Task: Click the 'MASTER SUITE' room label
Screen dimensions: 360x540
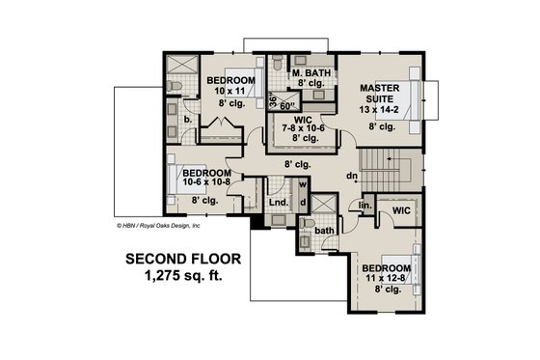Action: click(x=380, y=95)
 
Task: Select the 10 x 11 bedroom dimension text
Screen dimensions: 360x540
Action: click(x=229, y=89)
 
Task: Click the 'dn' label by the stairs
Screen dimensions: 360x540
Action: click(x=354, y=177)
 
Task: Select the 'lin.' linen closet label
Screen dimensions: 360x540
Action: click(x=365, y=206)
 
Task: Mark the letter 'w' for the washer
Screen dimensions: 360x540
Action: click(x=302, y=183)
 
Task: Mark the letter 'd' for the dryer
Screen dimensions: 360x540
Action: click(x=302, y=202)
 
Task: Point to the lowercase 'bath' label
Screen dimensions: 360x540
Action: click(x=326, y=230)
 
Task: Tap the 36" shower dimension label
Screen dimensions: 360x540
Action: click(x=273, y=100)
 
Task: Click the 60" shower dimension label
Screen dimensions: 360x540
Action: click(x=286, y=106)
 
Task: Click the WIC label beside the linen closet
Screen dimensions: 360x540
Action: click(x=400, y=208)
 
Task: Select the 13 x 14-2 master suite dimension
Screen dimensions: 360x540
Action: click(x=380, y=110)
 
